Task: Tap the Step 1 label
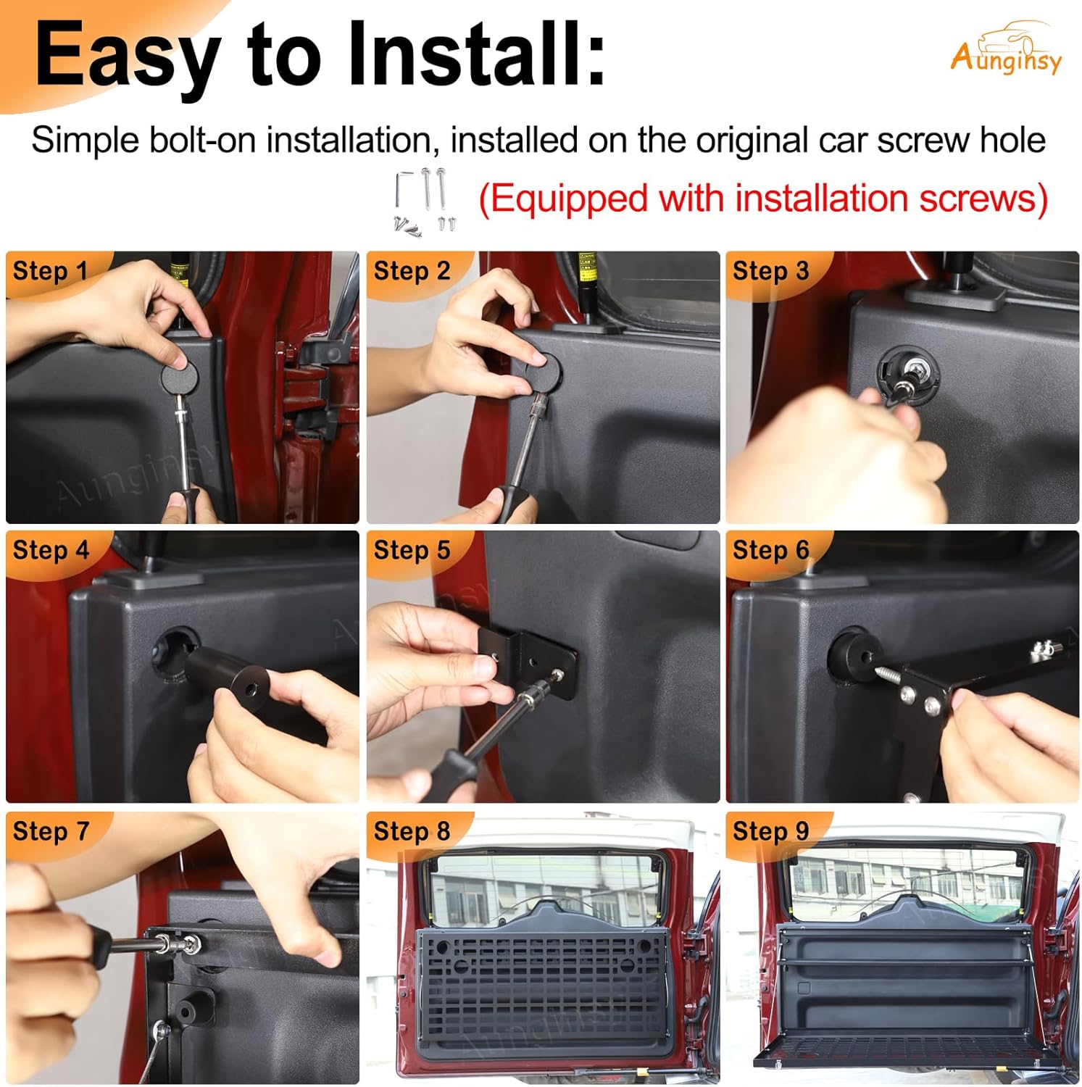pyautogui.click(x=50, y=271)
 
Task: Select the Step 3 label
pyautogui.click(x=770, y=271)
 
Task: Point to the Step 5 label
pyautogui.click(x=412, y=550)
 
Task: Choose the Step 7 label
pyautogui.click(x=50, y=831)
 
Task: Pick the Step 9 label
pyautogui.click(x=770, y=831)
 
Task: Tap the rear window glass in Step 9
pyautogui.click(x=906, y=880)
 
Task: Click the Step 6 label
pyautogui.click(x=770, y=550)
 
